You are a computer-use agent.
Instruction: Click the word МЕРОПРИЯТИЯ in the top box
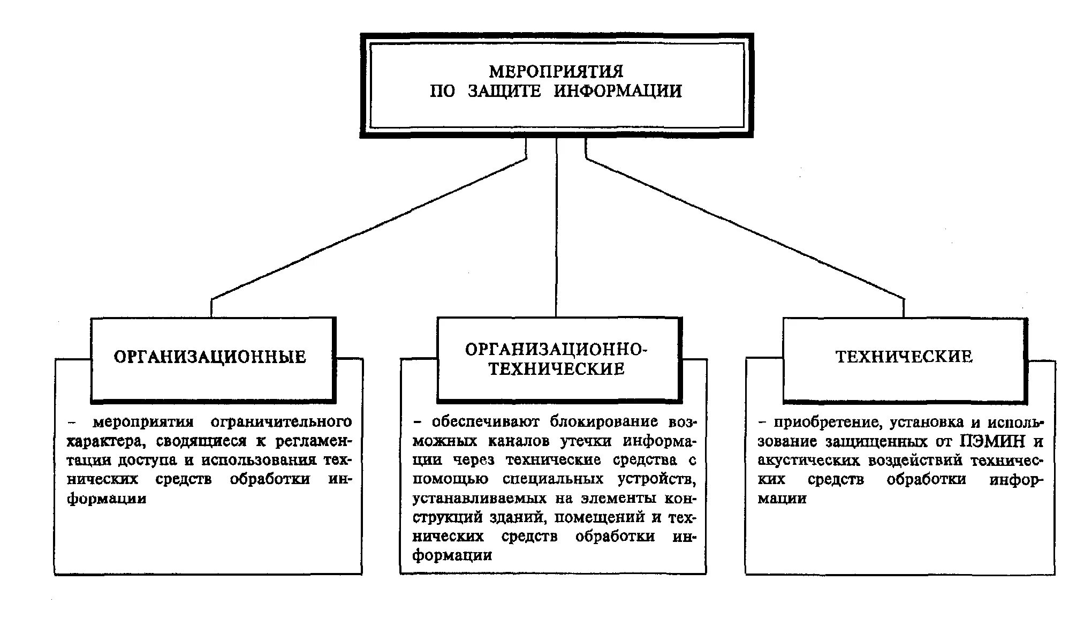coord(556,71)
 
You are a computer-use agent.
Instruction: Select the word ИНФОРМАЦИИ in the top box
coord(617,91)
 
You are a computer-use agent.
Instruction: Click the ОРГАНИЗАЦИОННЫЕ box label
coord(210,357)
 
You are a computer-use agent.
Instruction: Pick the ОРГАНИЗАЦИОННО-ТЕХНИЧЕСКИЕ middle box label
coord(556,359)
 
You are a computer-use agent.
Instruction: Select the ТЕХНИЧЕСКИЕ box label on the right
coord(904,357)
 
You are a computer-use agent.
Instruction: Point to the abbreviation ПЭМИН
coord(992,442)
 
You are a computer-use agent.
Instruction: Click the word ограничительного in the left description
coord(281,422)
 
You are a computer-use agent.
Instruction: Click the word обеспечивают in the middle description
coord(486,422)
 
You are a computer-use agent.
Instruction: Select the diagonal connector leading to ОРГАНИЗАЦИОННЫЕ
coord(369,229)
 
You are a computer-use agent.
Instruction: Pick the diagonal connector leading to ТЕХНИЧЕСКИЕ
coord(744,229)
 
